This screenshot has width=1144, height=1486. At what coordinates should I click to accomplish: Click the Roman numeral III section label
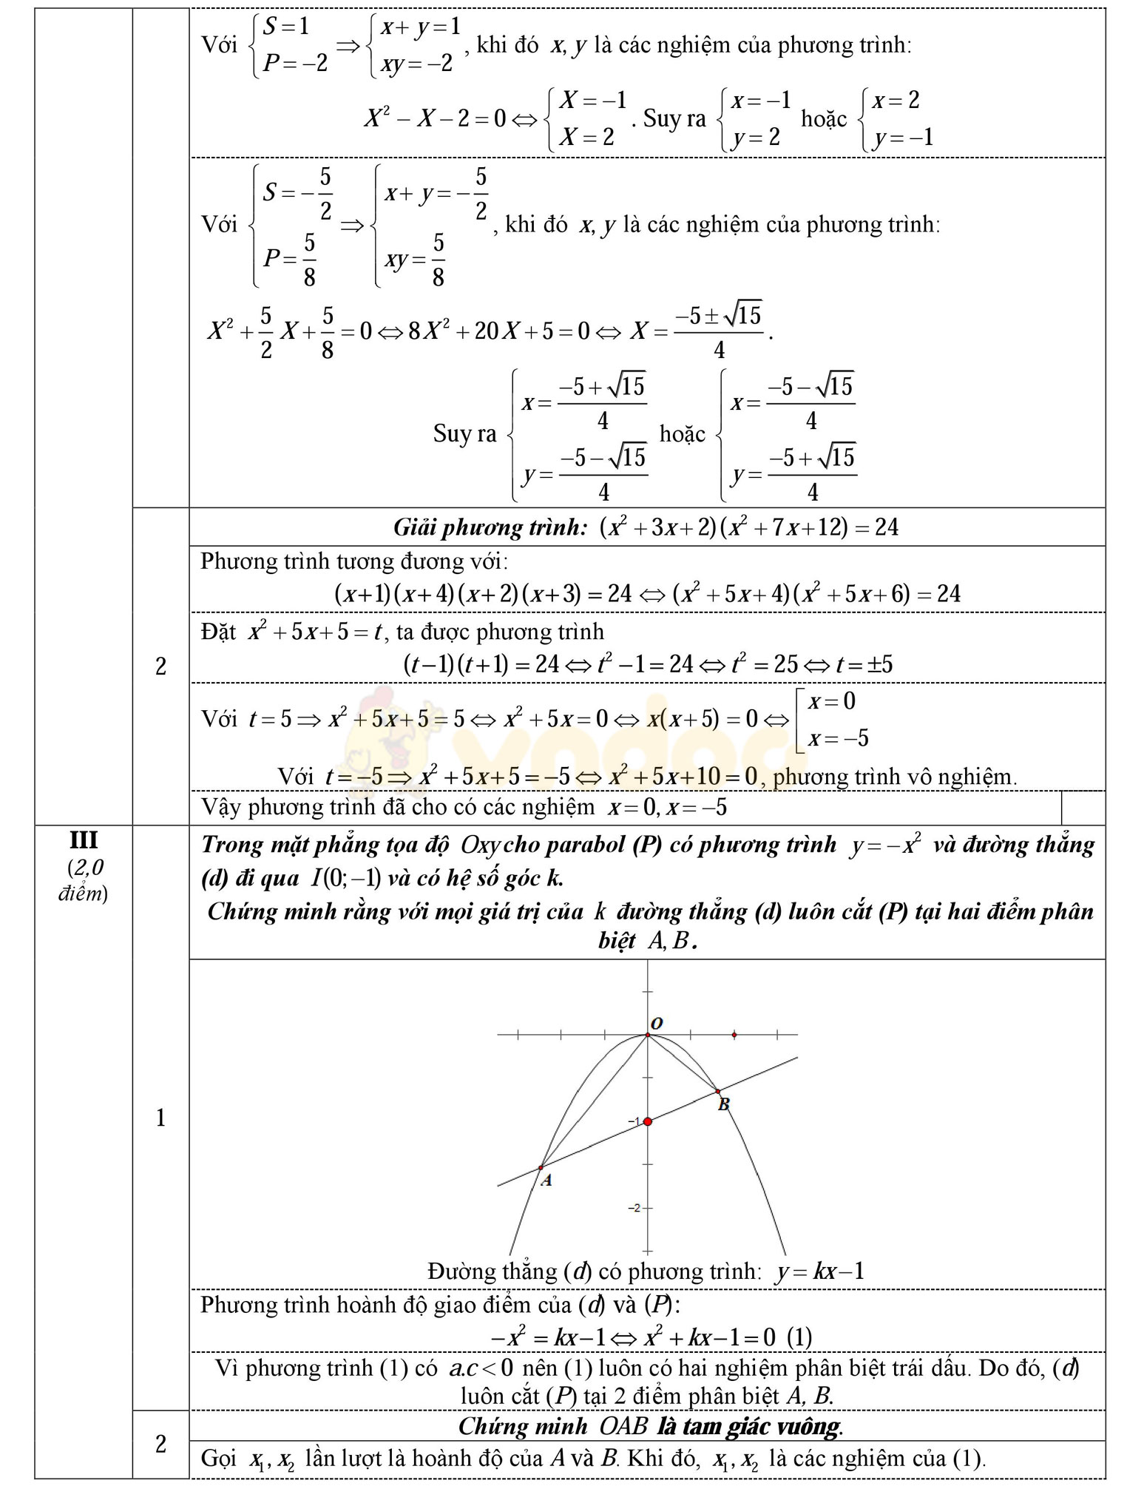tap(84, 840)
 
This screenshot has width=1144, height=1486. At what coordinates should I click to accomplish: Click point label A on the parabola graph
tap(546, 1181)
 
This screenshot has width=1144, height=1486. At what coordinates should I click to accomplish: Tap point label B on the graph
tap(724, 1104)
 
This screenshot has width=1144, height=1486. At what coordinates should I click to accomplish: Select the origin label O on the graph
tap(657, 1023)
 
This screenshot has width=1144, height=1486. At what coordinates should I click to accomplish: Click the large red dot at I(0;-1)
tap(648, 1122)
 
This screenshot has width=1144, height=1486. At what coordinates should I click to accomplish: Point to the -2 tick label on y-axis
tap(634, 1208)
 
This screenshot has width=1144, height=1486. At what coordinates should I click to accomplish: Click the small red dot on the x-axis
tap(734, 1035)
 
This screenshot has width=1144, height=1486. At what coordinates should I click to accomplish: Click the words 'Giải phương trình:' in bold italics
tap(490, 527)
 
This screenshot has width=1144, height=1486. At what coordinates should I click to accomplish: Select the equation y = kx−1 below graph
tap(819, 1271)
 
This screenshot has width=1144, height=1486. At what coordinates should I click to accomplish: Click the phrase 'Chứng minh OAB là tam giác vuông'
tap(651, 1426)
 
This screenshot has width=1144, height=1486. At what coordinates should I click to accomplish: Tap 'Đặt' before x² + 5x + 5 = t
tap(218, 632)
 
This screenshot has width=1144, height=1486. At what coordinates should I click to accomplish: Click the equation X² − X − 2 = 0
tap(436, 118)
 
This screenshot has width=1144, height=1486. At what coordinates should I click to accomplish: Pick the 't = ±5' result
tap(864, 664)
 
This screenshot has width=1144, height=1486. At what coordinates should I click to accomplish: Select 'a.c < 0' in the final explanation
tap(481, 1368)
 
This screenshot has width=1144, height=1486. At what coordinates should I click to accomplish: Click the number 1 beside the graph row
tap(160, 1118)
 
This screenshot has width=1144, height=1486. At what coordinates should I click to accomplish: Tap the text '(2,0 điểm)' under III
tap(84, 880)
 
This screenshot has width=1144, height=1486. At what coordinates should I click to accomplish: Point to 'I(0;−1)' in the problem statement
tap(346, 878)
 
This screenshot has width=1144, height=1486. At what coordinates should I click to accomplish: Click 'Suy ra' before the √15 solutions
tap(464, 433)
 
